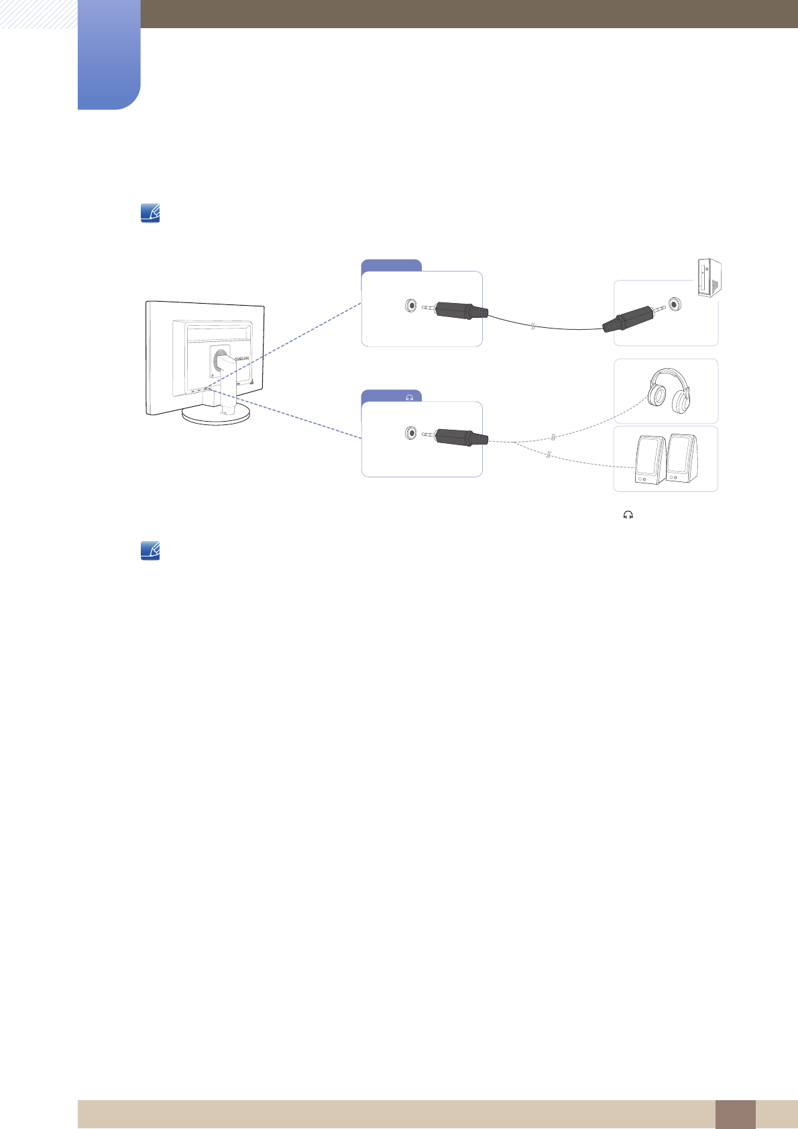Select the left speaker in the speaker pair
[648, 461]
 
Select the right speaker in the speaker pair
[681, 459]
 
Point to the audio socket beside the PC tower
[674, 304]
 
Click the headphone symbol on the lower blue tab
[409, 398]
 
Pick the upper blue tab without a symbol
[391, 265]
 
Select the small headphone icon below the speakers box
[628, 515]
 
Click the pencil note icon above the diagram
[150, 214]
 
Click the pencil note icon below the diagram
[150, 551]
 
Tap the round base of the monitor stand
[216, 414]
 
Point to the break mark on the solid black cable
[532, 326]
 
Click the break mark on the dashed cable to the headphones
[553, 437]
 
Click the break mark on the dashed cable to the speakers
[549, 456]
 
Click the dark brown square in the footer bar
[735, 1114]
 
